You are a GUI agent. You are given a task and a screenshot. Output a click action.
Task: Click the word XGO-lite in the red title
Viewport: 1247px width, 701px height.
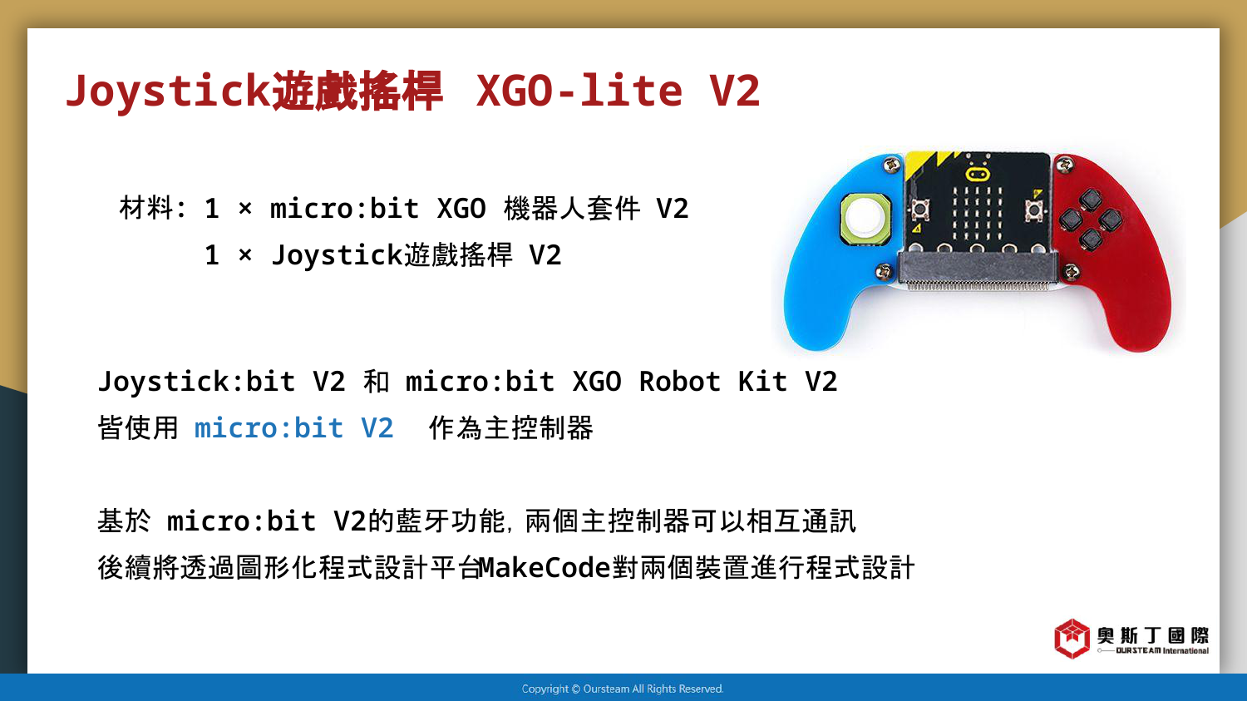579,91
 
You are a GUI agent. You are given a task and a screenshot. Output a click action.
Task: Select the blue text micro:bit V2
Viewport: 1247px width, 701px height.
294,427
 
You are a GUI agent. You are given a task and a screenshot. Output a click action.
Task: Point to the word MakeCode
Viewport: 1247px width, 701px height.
545,567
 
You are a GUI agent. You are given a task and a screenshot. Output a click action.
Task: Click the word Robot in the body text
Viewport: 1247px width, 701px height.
680,382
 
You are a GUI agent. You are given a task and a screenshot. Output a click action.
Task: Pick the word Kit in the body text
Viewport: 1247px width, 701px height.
762,382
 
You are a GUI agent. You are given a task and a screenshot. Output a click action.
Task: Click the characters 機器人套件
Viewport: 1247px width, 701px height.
572,209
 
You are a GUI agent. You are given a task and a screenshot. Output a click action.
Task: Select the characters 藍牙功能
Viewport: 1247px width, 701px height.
450,521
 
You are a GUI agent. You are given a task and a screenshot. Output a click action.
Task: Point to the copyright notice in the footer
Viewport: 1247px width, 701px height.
623,689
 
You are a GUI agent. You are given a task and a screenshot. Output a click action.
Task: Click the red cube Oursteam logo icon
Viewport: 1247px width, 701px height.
1072,638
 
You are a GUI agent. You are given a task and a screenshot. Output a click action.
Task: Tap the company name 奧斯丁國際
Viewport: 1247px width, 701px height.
1153,635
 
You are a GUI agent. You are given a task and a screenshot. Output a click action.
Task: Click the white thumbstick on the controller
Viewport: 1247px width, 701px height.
865,218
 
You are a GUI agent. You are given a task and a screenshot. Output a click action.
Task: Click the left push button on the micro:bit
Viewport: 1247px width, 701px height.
919,210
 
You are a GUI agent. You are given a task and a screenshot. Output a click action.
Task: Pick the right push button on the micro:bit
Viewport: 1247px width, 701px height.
1034,210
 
